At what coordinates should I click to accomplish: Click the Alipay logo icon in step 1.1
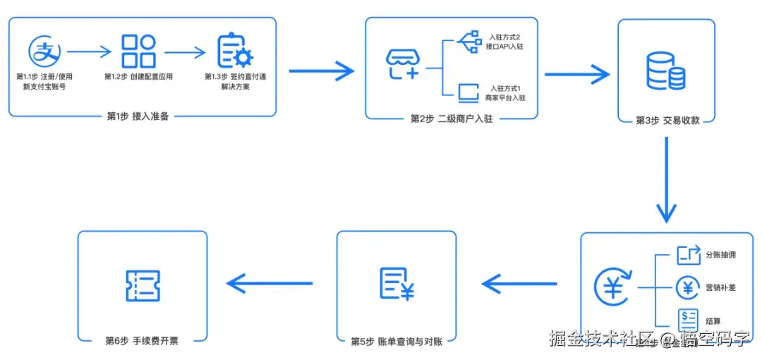point(44,51)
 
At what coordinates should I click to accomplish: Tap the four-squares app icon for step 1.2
point(138,51)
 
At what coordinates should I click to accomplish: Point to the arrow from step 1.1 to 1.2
point(90,52)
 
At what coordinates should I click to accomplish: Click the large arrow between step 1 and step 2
point(321,71)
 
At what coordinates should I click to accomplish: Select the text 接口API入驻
point(505,47)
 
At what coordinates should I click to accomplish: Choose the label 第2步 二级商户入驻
point(452,119)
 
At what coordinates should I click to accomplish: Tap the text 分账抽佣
point(720,255)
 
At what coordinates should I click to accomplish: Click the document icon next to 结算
point(687,319)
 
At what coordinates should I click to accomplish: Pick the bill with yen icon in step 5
point(396,284)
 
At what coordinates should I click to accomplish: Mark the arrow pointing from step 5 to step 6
point(270,284)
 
